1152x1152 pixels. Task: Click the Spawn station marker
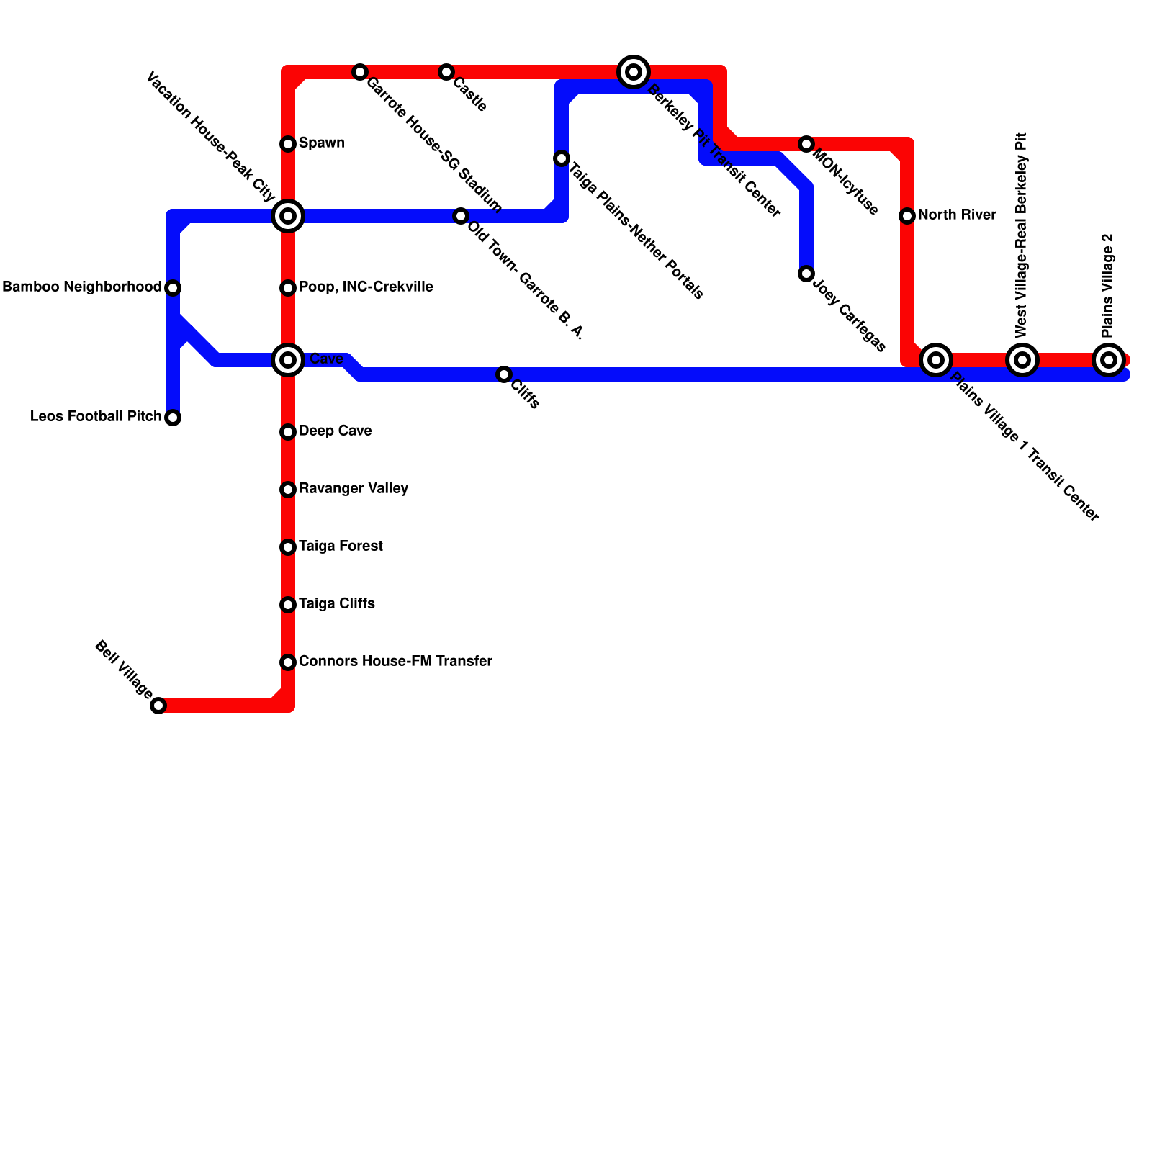click(288, 144)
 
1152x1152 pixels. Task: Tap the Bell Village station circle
click(158, 706)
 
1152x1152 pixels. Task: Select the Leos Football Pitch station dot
click(173, 418)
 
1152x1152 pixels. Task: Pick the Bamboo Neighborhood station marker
click(173, 288)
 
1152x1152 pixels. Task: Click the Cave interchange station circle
click(288, 360)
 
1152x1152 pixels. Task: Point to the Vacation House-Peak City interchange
click(288, 216)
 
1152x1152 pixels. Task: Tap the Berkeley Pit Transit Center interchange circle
click(634, 72)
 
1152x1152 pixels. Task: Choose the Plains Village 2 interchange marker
click(1109, 360)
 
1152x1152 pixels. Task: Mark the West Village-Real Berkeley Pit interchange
click(1022, 360)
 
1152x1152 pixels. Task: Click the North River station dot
click(907, 216)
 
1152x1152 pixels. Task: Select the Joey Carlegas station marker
click(806, 274)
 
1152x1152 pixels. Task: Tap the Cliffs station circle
click(504, 374)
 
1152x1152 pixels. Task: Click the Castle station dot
click(446, 72)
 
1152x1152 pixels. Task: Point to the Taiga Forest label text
click(341, 546)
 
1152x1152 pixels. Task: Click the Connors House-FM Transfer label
click(395, 662)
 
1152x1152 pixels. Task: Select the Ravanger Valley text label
click(354, 489)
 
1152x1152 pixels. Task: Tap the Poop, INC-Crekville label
click(366, 287)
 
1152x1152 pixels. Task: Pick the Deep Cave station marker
click(288, 432)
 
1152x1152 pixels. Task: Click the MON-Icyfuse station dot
click(806, 144)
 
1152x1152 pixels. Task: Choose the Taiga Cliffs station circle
click(288, 605)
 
